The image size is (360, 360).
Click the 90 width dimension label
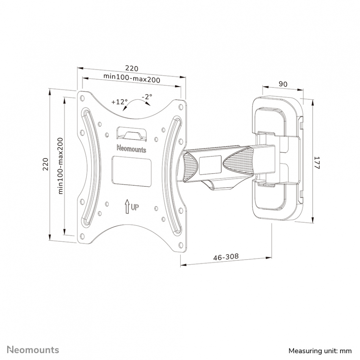[283, 84]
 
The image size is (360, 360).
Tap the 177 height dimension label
[317, 163]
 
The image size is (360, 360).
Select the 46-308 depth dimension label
[226, 257]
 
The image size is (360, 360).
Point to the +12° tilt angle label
[119, 102]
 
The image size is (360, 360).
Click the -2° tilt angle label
[147, 97]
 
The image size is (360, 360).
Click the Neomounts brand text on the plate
[131, 149]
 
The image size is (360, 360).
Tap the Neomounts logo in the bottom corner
[33, 350]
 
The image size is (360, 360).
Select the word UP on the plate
[135, 207]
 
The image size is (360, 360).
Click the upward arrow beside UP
[127, 206]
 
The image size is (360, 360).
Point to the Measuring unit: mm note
[320, 351]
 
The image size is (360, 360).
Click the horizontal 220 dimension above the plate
[132, 69]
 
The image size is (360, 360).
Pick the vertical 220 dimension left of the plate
[46, 164]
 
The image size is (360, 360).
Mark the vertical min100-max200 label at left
[60, 166]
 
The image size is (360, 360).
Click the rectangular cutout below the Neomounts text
[131, 171]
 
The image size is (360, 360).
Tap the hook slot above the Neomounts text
[131, 133]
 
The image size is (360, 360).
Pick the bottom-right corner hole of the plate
[181, 245]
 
